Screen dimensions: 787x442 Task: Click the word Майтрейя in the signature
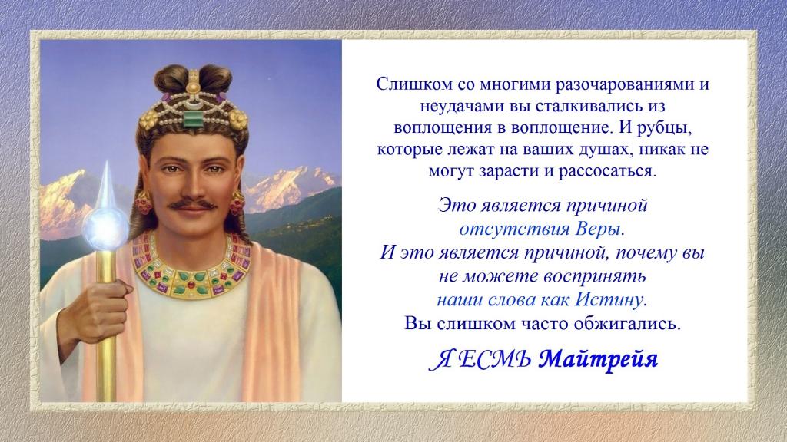[598, 360]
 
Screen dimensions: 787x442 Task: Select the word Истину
[610, 300]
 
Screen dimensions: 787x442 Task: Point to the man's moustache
[191, 204]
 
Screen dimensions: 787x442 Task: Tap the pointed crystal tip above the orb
[106, 186]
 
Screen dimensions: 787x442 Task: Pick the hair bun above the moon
[215, 77]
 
